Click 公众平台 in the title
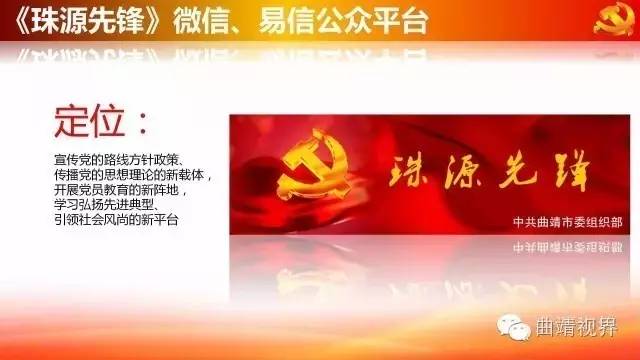[386, 19]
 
